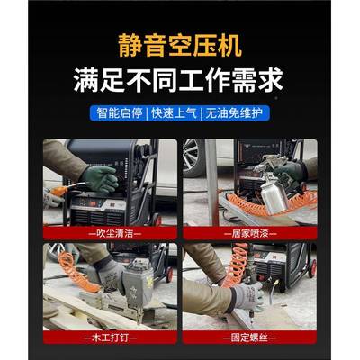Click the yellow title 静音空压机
(179, 46)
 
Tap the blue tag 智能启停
(120, 114)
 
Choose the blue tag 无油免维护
(236, 114)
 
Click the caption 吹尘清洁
(110, 231)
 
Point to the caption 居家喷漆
(249, 231)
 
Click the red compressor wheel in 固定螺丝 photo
(312, 267)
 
